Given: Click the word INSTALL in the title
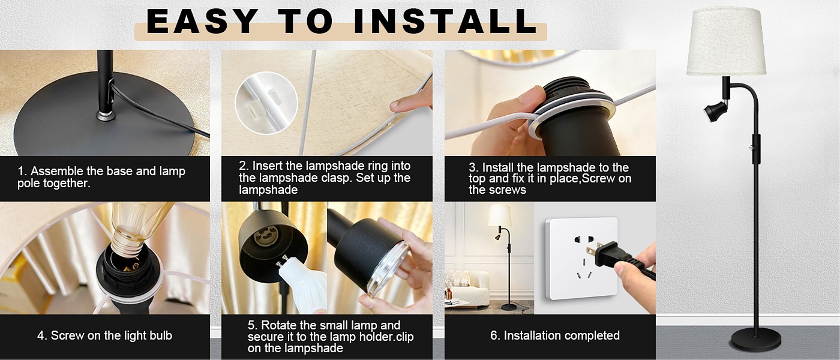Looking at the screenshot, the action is (445, 21).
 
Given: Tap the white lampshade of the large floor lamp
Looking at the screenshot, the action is (726, 41).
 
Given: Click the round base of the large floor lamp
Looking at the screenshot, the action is (755, 338).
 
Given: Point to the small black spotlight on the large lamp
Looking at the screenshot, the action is (715, 111).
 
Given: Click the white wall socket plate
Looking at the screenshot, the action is (581, 259).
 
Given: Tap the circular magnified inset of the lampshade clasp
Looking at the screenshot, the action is (266, 103).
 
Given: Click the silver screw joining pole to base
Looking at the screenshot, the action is (104, 115).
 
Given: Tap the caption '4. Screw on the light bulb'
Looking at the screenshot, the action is (104, 335).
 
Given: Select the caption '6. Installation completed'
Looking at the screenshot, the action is (555, 335).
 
